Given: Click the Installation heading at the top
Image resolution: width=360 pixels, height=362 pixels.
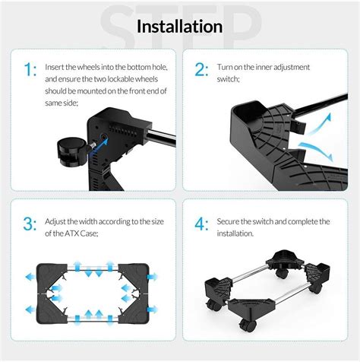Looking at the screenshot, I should click(x=180, y=27).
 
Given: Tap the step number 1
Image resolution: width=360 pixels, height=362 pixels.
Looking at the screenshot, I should click(x=28, y=71).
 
